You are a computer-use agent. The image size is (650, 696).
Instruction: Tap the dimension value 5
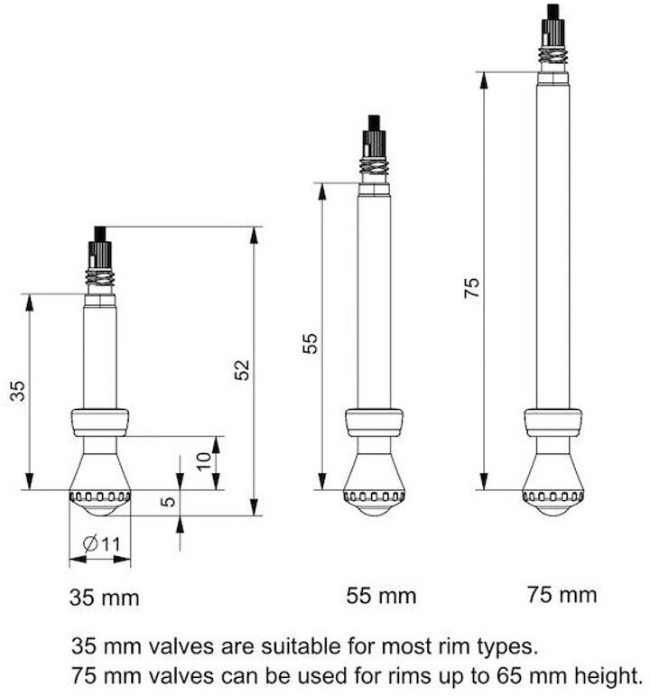pyautogui.click(x=168, y=502)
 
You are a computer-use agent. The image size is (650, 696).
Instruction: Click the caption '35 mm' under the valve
pyautogui.click(x=105, y=597)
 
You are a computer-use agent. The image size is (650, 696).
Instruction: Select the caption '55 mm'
pyautogui.click(x=381, y=596)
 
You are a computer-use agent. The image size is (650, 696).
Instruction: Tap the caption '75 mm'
pyautogui.click(x=562, y=594)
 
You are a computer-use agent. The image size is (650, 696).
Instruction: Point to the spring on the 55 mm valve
pyautogui.click(x=374, y=168)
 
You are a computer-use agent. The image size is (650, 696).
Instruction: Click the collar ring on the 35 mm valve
pyautogui.click(x=99, y=422)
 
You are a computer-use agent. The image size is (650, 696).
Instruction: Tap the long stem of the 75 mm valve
pyautogui.click(x=552, y=244)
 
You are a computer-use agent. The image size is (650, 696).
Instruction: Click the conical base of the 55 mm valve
pyautogui.click(x=374, y=471)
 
